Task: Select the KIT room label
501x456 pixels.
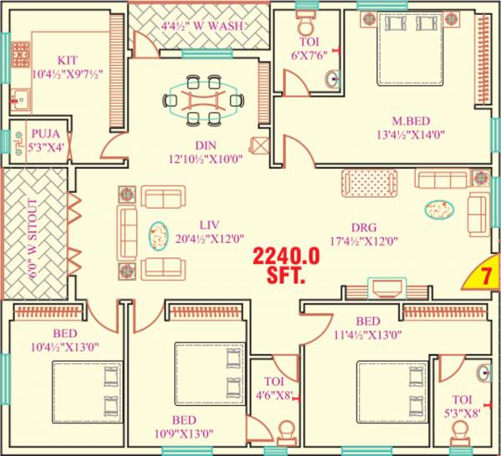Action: point(67,59)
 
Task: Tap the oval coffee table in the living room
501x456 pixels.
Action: point(157,236)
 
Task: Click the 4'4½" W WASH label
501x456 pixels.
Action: point(203,26)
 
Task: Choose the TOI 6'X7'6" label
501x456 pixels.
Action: point(309,48)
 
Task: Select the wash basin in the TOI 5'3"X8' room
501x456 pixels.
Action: point(484,373)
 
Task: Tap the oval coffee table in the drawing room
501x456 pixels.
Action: point(439,208)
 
